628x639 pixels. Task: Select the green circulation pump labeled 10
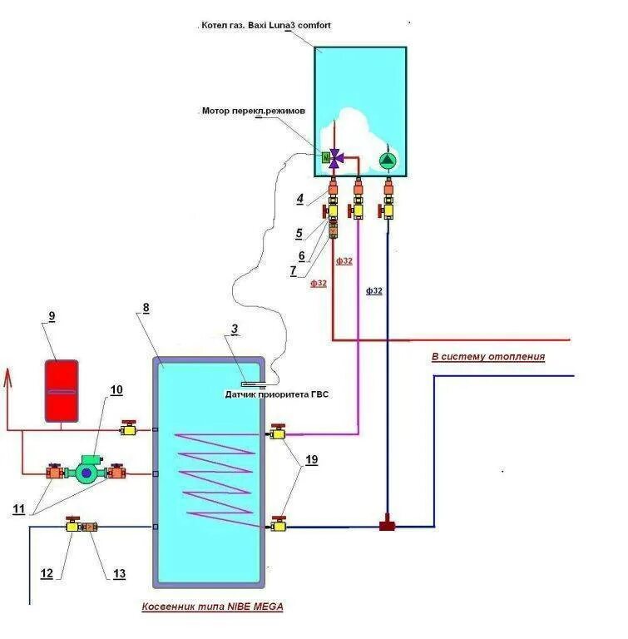click(87, 471)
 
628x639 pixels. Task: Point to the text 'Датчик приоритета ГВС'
click(277, 394)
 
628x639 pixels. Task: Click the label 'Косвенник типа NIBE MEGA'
click(212, 607)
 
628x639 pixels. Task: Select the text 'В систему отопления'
click(488, 356)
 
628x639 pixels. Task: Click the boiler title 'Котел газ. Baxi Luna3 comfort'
click(265, 26)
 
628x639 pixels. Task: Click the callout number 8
click(146, 308)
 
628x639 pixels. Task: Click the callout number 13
click(120, 573)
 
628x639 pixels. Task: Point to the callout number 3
click(235, 329)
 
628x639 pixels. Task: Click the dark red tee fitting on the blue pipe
click(387, 526)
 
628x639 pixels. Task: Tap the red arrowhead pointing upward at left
click(8, 380)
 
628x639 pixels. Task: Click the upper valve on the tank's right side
click(277, 433)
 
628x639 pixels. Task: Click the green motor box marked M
click(326, 156)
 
